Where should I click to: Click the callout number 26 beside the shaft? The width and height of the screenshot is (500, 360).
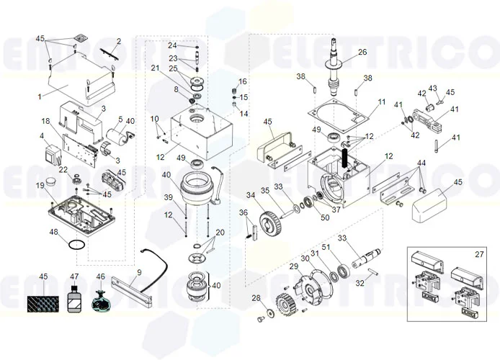pos(362,52)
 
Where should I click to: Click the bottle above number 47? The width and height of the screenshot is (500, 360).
pos(74,300)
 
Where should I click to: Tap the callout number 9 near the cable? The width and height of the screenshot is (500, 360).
pos(139,271)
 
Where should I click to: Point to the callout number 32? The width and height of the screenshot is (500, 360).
pos(361,284)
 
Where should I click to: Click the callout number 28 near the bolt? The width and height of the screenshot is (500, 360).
pos(256,298)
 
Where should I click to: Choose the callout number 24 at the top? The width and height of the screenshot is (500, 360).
pos(172,45)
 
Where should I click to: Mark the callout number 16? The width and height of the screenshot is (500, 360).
pos(243,81)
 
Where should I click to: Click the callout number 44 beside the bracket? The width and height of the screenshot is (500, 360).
pos(421,163)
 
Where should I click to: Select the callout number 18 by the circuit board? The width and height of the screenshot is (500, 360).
pos(45,121)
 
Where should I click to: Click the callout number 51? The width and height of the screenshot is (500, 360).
pos(326,246)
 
